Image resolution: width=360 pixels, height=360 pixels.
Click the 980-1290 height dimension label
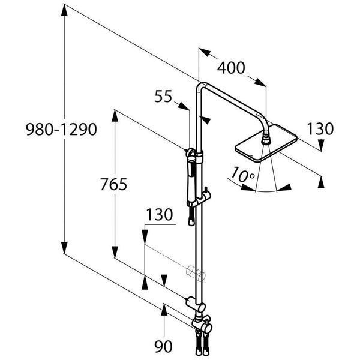click(x=61, y=129)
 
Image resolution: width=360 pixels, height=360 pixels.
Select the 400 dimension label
click(x=231, y=68)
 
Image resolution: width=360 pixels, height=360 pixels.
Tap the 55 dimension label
click(x=163, y=96)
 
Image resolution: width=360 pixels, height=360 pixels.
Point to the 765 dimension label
click(x=113, y=184)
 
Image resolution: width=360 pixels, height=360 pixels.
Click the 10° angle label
click(x=242, y=175)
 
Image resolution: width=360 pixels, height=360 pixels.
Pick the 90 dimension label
click(x=163, y=346)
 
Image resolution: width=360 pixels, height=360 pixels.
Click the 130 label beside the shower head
click(x=320, y=129)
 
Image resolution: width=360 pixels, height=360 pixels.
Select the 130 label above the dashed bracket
click(x=160, y=214)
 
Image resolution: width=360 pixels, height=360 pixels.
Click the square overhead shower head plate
click(x=266, y=143)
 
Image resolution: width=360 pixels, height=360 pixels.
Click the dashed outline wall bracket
click(x=196, y=272)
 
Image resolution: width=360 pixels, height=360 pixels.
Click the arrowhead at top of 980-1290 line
click(x=64, y=10)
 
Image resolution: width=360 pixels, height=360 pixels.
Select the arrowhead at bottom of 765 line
click(x=115, y=253)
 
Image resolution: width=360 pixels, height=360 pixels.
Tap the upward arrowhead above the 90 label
click(x=164, y=310)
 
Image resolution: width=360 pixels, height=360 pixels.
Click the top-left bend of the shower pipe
click(x=199, y=85)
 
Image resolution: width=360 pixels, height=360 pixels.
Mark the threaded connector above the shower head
click(x=266, y=139)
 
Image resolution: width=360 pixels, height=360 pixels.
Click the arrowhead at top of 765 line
click(x=115, y=115)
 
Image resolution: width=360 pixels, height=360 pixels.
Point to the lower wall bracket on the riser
click(x=196, y=304)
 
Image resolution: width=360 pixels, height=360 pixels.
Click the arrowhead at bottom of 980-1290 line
click(x=64, y=248)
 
